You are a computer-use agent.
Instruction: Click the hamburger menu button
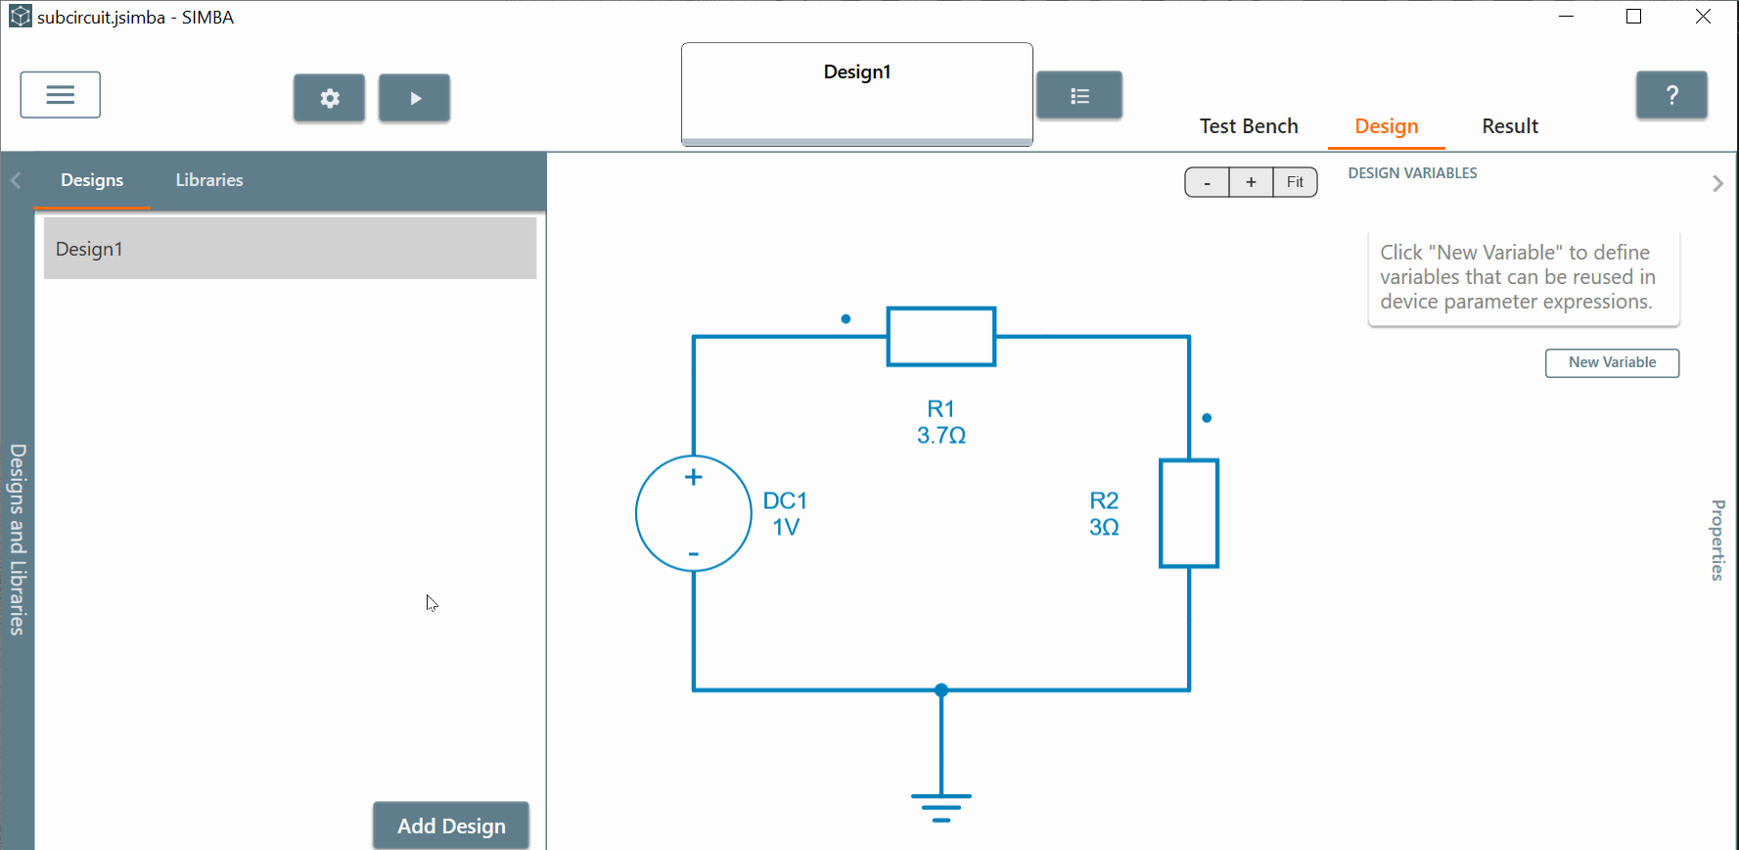(x=61, y=95)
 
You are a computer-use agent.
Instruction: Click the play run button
(x=415, y=98)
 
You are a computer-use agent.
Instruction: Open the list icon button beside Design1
(x=1079, y=96)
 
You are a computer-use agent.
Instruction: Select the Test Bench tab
(x=1249, y=126)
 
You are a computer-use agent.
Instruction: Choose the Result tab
(x=1510, y=126)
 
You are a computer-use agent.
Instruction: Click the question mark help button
(x=1671, y=95)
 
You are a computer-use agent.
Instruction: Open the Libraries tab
(x=209, y=180)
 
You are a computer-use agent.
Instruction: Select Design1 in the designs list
(x=290, y=249)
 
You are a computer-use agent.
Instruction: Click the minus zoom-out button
(x=1207, y=182)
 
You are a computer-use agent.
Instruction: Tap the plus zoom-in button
(x=1251, y=182)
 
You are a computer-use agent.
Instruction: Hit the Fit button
(x=1295, y=182)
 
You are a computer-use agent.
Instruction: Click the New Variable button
(x=1612, y=362)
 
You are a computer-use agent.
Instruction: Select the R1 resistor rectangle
(x=941, y=337)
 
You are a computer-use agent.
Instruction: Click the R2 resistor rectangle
(x=1189, y=513)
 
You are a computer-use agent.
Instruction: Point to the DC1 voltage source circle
(x=694, y=513)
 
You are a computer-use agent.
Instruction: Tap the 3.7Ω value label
(x=941, y=436)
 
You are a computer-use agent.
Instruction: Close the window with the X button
(x=1703, y=17)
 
